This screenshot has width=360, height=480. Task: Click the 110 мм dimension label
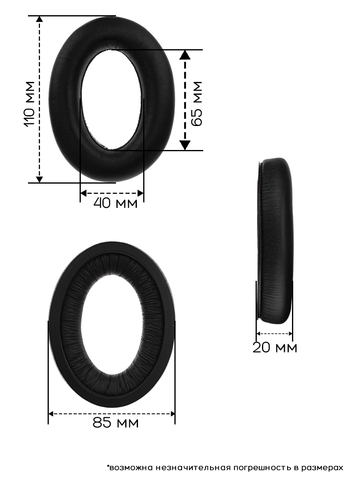(29, 104)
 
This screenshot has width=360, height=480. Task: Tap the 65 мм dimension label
(196, 104)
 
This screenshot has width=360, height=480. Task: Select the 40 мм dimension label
(115, 203)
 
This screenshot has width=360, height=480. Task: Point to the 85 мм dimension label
(115, 423)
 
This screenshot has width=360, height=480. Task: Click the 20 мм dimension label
(275, 348)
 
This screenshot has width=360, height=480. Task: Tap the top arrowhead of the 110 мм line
(39, 19)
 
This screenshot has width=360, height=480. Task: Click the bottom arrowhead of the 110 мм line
(39, 179)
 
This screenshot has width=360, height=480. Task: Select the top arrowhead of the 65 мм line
(185, 55)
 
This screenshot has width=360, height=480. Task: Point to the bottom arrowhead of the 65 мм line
(185, 145)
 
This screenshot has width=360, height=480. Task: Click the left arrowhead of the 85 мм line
(51, 414)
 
